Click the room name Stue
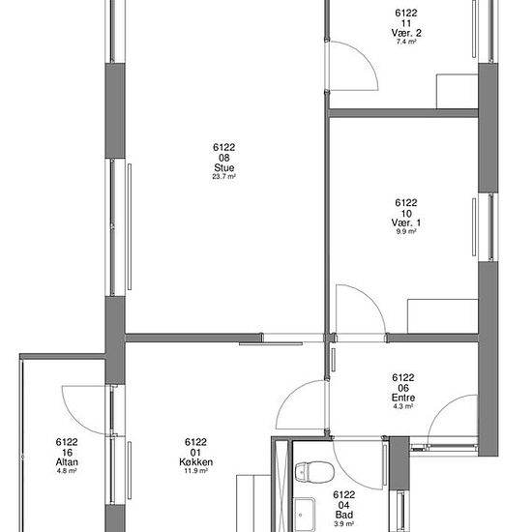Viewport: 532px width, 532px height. pos(224,167)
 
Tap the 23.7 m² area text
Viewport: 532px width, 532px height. pos(224,176)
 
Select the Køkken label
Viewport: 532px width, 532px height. pos(196,461)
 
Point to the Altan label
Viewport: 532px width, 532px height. pos(67,461)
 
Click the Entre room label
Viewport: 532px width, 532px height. pos(403,398)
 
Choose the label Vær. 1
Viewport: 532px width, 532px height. pos(406,222)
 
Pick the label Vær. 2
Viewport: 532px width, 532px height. pos(406,33)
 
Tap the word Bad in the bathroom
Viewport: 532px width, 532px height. pos(344,515)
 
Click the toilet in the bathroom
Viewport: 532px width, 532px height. pos(314,472)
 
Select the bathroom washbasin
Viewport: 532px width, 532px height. pos(305,514)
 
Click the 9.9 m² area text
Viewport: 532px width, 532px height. pos(406,231)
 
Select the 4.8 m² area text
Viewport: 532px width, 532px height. pos(67,471)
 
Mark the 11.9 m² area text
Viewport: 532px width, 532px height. pos(196,471)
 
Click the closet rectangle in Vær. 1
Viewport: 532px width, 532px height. pos(443,316)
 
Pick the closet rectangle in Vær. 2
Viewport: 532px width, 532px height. pos(457,91)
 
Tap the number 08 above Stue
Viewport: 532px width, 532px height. pos(224,158)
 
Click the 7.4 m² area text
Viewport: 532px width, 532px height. pos(406,42)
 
